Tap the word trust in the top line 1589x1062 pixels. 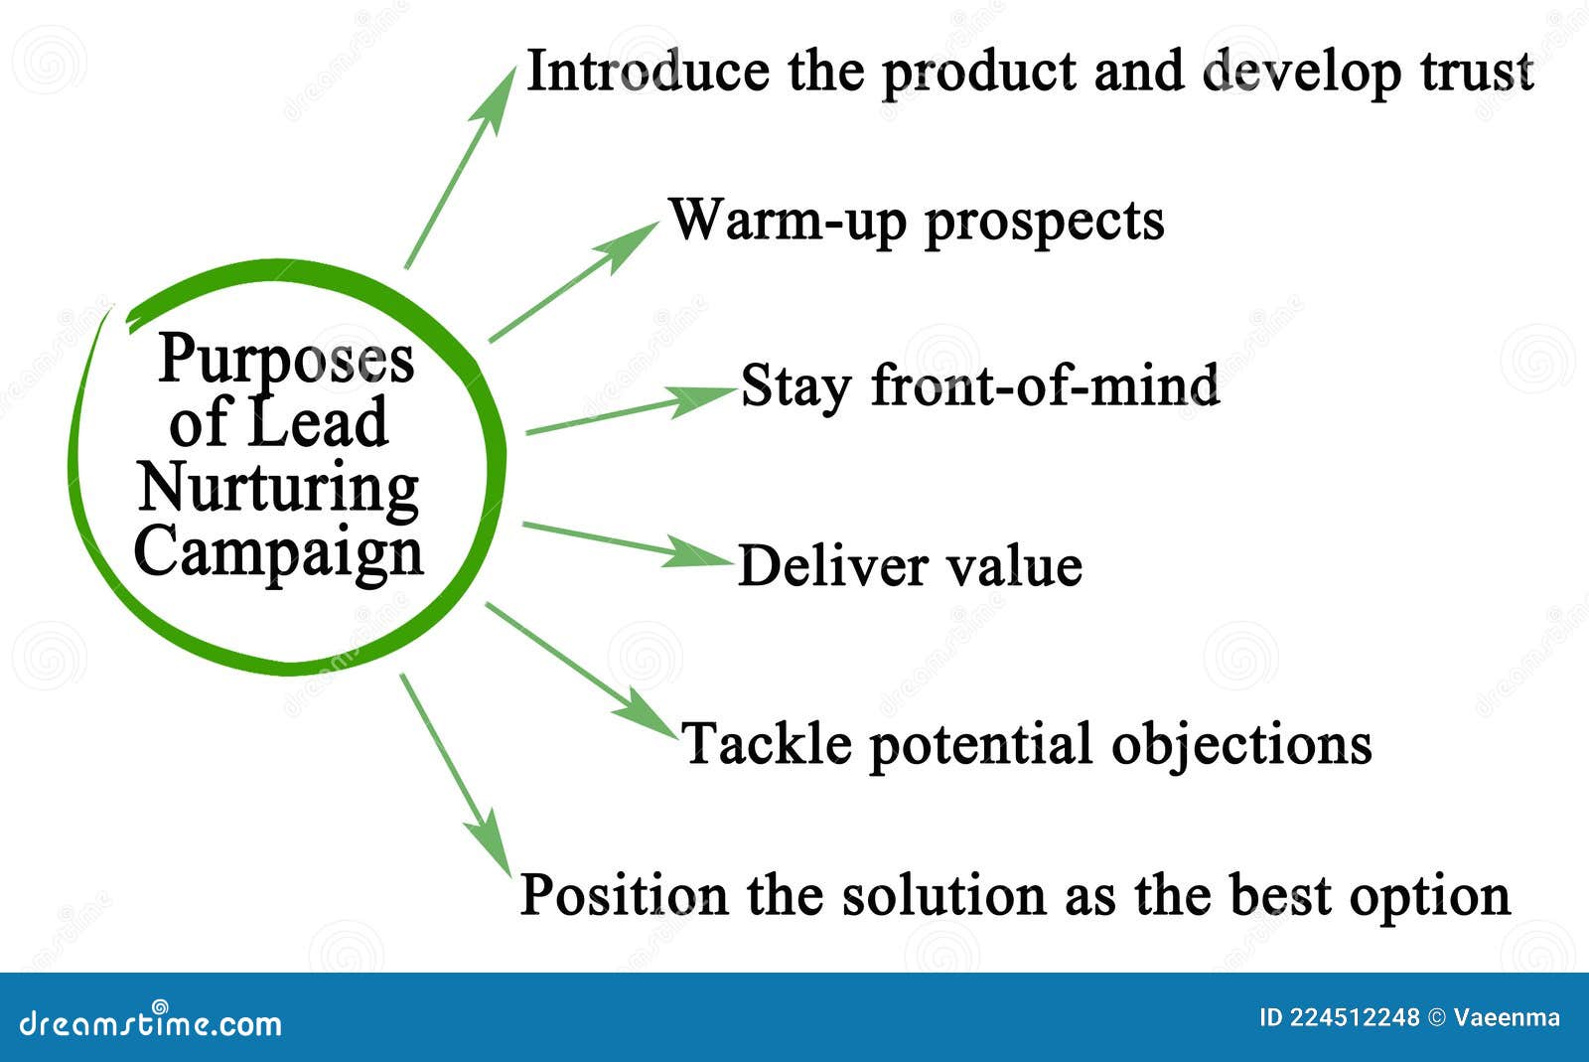coord(1482,72)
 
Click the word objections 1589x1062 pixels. coord(1241,744)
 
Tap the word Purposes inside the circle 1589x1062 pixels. coord(286,360)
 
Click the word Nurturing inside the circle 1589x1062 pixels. coord(278,489)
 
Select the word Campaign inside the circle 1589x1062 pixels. coord(279,552)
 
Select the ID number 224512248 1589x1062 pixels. coord(1355,1017)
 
